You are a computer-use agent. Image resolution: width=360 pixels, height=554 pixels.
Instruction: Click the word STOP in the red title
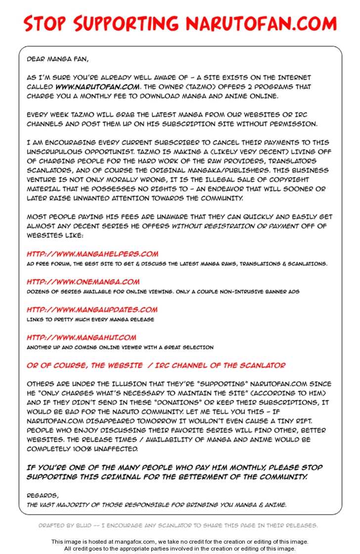45,23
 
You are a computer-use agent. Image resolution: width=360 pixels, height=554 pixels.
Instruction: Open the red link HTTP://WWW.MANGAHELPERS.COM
92,254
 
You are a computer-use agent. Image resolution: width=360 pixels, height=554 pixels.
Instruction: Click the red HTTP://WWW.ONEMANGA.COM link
83,281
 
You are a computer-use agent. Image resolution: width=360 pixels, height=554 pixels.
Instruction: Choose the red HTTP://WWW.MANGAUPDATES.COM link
92,309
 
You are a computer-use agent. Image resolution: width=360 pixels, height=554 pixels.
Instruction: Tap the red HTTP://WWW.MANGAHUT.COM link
81,337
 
